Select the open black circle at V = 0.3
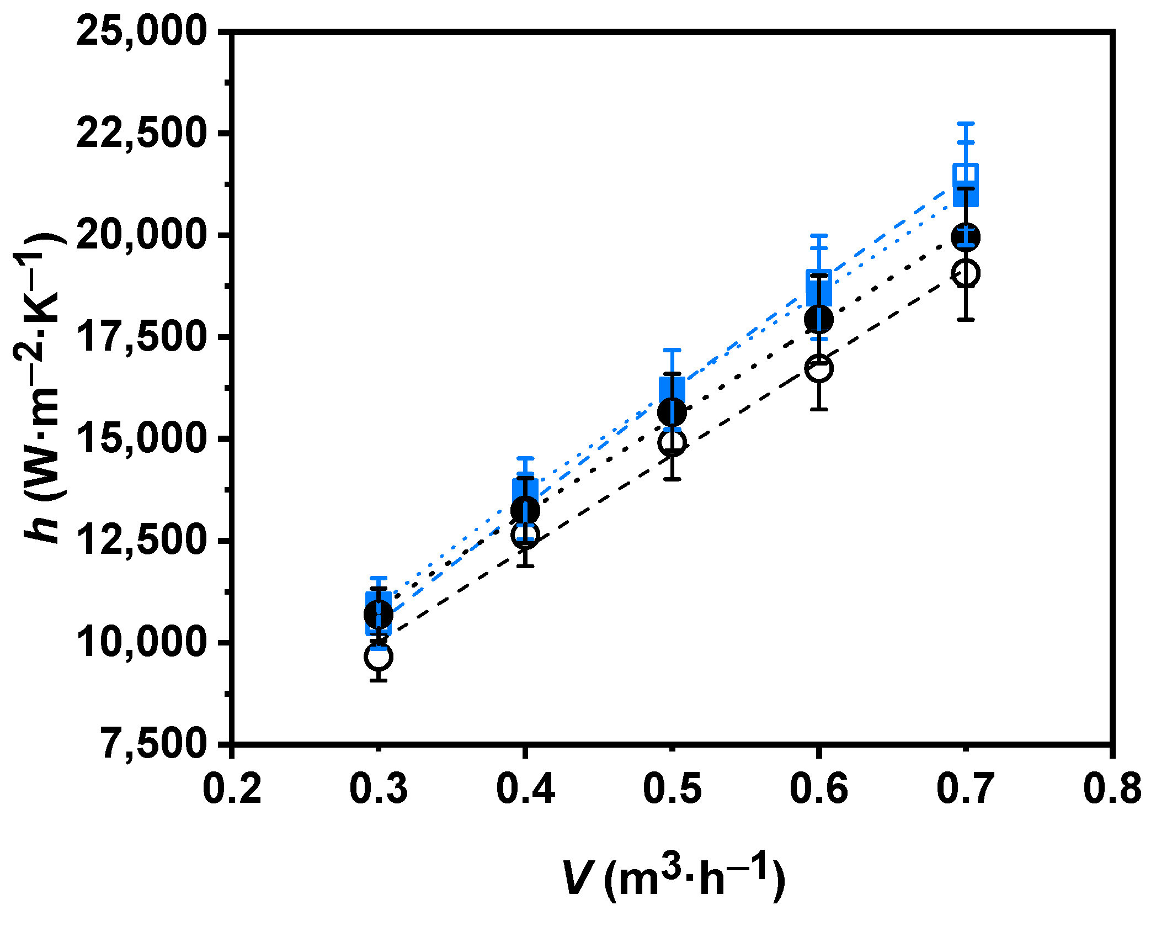point(379,657)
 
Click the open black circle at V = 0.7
point(966,273)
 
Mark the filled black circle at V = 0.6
point(819,318)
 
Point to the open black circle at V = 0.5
point(672,442)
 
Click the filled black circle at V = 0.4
point(525,510)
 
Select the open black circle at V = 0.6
point(819,368)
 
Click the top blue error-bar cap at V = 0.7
point(966,124)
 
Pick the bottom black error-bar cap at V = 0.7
point(966,320)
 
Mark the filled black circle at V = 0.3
point(379,614)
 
